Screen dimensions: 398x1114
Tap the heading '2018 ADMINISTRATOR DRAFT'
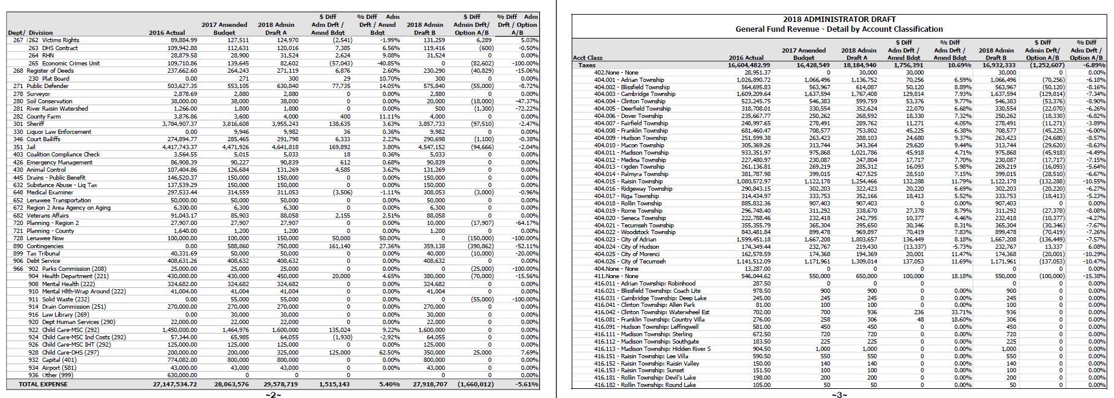[x=839, y=20]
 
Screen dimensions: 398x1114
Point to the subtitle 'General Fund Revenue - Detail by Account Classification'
[x=839, y=29]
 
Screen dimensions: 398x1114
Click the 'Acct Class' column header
[x=588, y=58]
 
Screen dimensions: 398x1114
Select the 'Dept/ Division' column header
[x=30, y=32]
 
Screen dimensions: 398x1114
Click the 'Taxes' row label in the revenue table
[x=587, y=65]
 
